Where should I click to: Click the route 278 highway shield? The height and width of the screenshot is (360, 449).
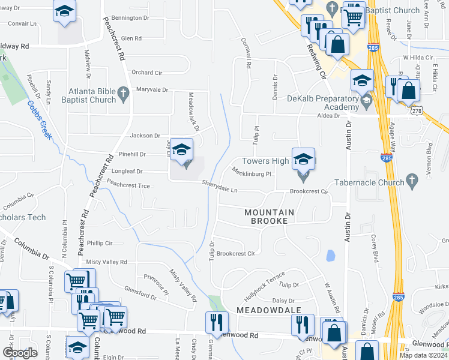(x=417, y=112)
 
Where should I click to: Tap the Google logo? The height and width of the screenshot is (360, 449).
(x=20, y=352)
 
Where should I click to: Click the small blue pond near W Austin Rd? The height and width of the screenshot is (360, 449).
(x=330, y=256)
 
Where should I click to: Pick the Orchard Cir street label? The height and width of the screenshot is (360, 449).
(x=147, y=73)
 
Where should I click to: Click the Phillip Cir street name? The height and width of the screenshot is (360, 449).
(x=100, y=243)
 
